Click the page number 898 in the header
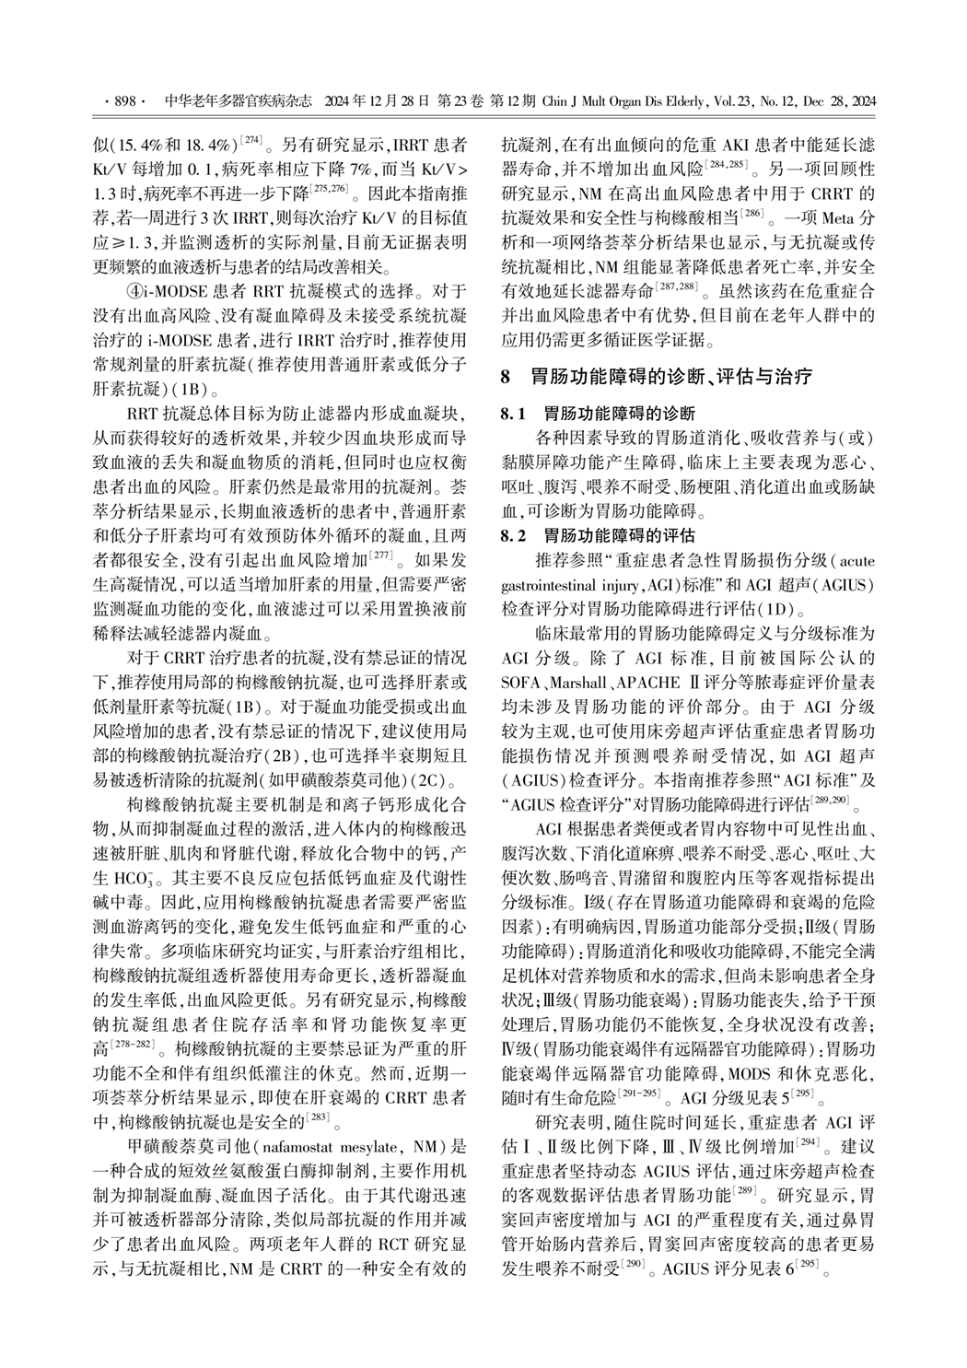[x=123, y=100]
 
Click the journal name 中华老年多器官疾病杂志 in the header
[x=238, y=100]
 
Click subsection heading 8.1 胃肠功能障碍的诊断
[x=598, y=413]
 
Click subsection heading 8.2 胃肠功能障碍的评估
[x=598, y=534]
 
